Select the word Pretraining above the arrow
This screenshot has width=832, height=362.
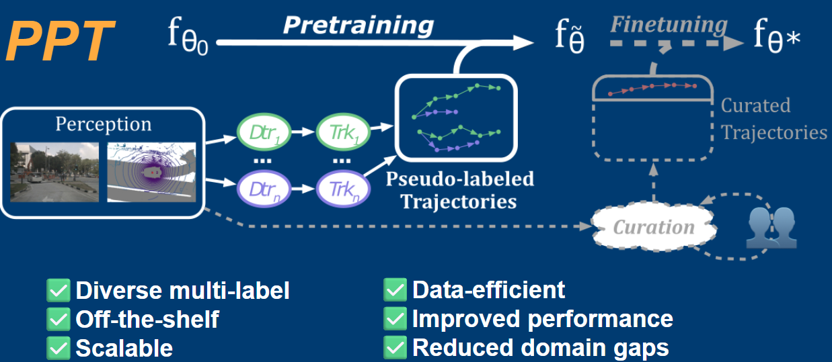tap(358, 25)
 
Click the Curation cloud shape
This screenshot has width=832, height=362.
tap(653, 227)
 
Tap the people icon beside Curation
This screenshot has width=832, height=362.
tap(771, 226)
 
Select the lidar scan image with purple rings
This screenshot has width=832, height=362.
tap(151, 172)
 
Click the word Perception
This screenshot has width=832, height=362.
tap(103, 124)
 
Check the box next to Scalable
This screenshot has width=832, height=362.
tap(58, 348)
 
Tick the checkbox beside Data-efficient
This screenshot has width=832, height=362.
tap(394, 290)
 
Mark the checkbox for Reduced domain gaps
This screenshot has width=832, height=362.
tap(394, 348)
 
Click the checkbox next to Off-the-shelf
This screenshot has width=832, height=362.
tap(58, 319)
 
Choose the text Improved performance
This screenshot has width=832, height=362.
tap(542, 319)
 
